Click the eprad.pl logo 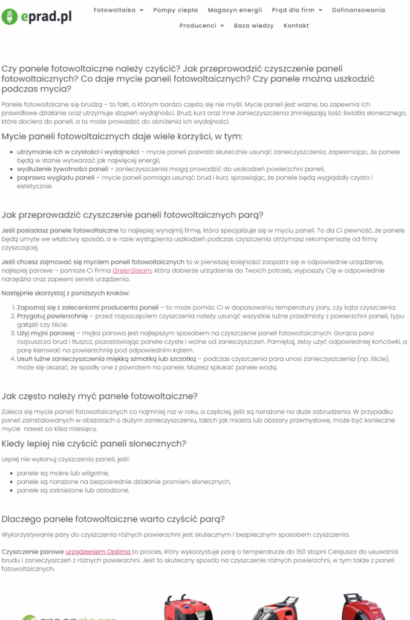click(37, 16)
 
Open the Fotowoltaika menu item click(114, 10)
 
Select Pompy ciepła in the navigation click(175, 10)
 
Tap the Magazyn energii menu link click(235, 10)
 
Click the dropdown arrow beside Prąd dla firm click(321, 10)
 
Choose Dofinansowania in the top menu click(359, 10)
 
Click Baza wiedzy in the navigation click(253, 25)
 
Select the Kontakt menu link click(296, 25)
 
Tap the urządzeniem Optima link click(98, 552)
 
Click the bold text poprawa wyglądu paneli click(56, 177)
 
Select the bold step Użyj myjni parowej click(45, 333)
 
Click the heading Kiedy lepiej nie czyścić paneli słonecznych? click(94, 444)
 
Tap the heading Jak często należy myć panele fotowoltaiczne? click(99, 396)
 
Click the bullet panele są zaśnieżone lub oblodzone click(73, 490)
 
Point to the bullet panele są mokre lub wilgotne click(63, 473)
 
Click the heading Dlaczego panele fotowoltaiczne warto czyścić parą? click(113, 519)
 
